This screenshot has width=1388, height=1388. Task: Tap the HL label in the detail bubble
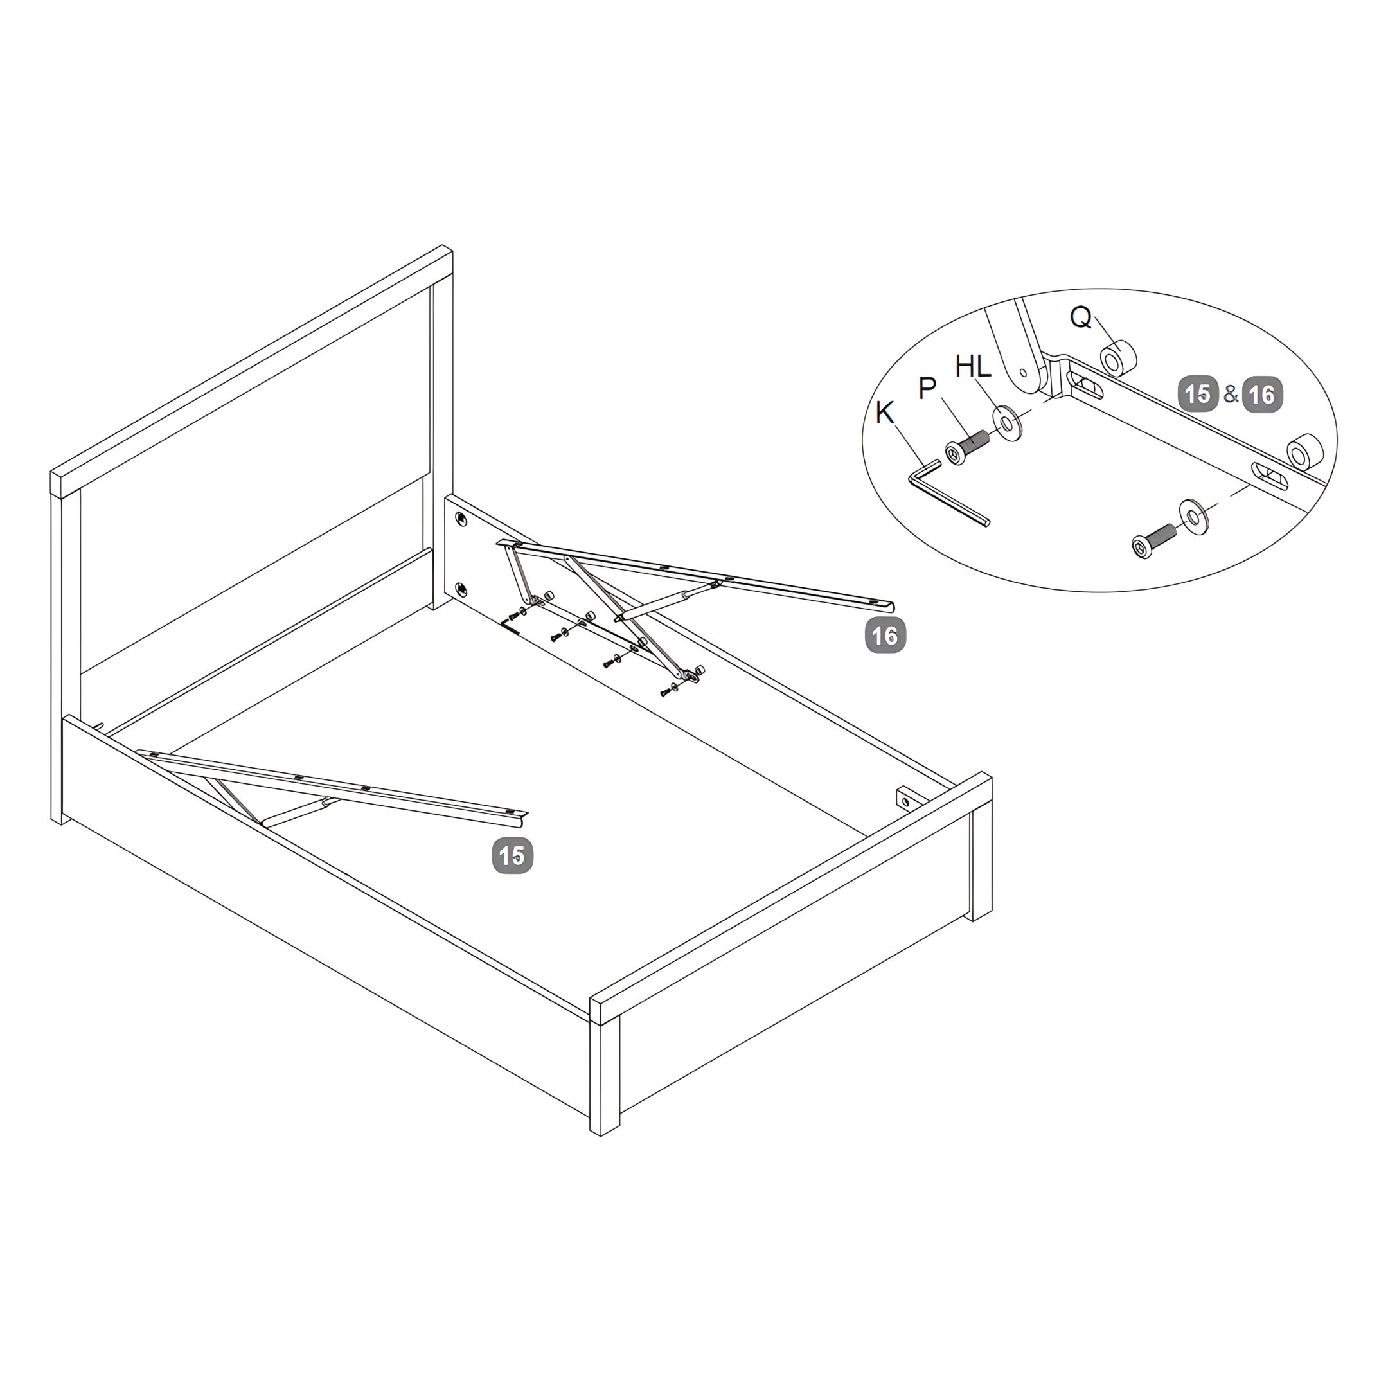973,366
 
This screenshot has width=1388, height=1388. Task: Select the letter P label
927,388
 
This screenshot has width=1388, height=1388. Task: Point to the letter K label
884,413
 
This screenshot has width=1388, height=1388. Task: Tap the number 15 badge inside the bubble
1198,394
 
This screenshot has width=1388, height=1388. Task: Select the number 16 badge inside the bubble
1262,394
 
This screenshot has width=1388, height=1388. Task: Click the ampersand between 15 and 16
1231,394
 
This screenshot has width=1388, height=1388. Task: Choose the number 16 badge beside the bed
885,634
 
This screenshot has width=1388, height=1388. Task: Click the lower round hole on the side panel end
461,588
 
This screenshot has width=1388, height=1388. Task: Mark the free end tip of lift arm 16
893,605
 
